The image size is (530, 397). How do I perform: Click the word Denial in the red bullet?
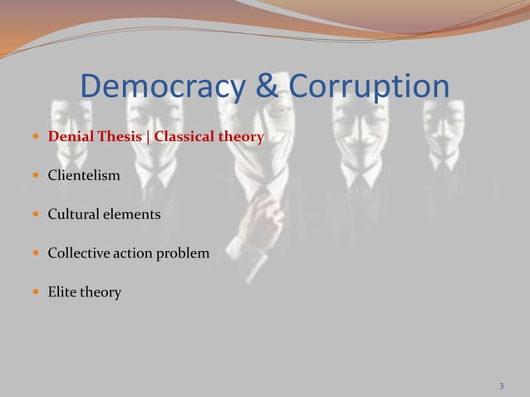[70, 137]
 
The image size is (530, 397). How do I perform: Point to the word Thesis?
[118, 137]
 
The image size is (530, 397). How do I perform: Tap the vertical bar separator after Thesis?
[147, 137]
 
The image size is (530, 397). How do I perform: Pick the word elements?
[133, 215]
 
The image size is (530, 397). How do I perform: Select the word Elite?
[63, 292]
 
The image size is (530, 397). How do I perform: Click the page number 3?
[501, 386]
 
